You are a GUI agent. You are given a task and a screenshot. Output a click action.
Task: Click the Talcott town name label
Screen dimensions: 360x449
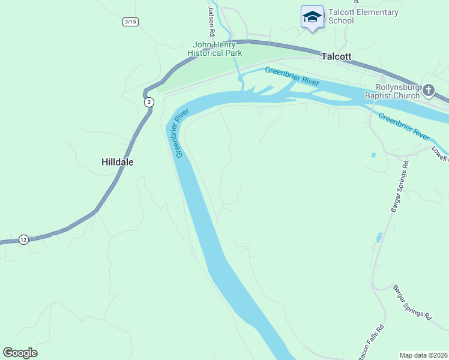[336, 56]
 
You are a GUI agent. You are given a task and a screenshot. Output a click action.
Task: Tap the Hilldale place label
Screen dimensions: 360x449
[117, 162]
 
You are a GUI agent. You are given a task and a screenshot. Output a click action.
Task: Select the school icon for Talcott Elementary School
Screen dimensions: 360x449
[312, 17]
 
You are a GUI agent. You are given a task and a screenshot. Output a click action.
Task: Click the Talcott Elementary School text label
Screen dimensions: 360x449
[363, 16]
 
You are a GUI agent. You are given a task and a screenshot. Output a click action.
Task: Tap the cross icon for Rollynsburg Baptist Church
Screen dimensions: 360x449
[429, 91]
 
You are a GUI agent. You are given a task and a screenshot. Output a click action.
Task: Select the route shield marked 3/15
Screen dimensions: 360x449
[130, 22]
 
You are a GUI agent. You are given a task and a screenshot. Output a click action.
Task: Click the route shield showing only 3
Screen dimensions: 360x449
[149, 103]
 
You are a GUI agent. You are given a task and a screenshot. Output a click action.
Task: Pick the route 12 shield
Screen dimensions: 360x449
[23, 239]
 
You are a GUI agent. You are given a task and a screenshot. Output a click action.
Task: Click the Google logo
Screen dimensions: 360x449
[20, 353]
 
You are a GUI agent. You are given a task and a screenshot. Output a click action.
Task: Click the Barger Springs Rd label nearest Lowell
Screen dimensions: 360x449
[399, 186]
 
